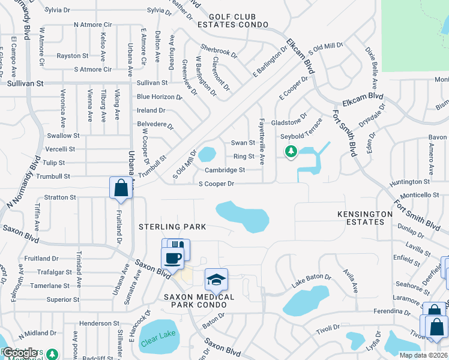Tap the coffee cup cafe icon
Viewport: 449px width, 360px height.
click(x=173, y=259)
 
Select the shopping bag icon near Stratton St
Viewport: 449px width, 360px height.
click(x=121, y=187)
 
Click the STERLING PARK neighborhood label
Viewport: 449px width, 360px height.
click(x=172, y=227)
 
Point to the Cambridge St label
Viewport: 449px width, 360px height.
click(x=225, y=170)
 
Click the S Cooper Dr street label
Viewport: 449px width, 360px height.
click(x=215, y=183)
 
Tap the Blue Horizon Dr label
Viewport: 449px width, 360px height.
click(x=159, y=97)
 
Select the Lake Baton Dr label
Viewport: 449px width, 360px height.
click(x=312, y=277)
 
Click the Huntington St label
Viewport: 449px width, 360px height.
click(x=409, y=181)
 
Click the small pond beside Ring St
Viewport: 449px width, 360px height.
click(x=206, y=154)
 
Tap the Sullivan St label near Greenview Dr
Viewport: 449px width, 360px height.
click(x=152, y=82)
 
